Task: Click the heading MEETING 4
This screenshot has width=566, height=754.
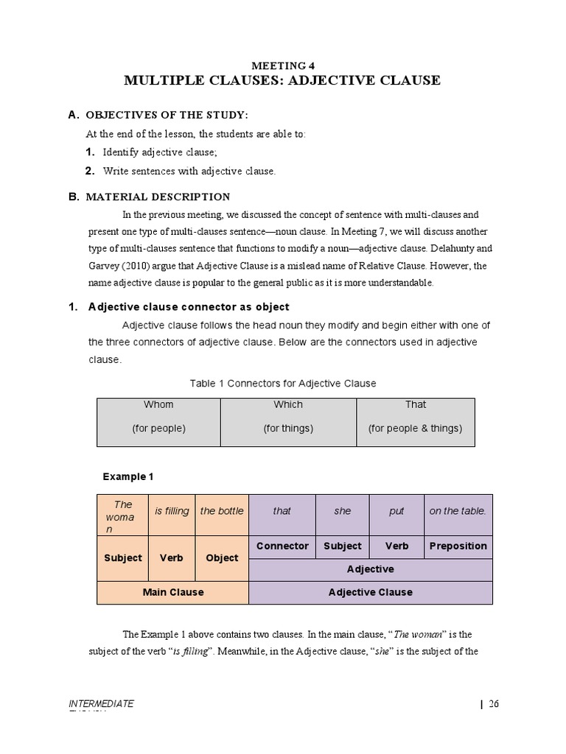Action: point(282,65)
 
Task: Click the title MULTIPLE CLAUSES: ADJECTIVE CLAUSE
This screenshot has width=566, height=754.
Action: point(282,80)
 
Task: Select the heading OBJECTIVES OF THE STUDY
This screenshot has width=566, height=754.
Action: point(167,116)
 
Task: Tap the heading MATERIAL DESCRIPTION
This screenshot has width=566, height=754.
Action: point(158,197)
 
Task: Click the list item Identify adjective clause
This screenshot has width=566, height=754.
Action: point(160,152)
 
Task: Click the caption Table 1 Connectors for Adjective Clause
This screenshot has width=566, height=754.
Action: point(283,384)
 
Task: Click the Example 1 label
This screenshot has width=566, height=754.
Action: point(127,476)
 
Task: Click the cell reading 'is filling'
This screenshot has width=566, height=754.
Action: point(172,511)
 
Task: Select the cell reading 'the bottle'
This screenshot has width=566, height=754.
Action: point(222,511)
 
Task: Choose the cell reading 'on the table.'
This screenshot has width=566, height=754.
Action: point(458,511)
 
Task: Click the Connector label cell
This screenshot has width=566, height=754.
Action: point(282,546)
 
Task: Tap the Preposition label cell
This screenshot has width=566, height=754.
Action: point(458,546)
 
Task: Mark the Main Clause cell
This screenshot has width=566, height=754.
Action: point(172,592)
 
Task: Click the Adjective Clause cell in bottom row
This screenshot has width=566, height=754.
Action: point(370,592)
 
